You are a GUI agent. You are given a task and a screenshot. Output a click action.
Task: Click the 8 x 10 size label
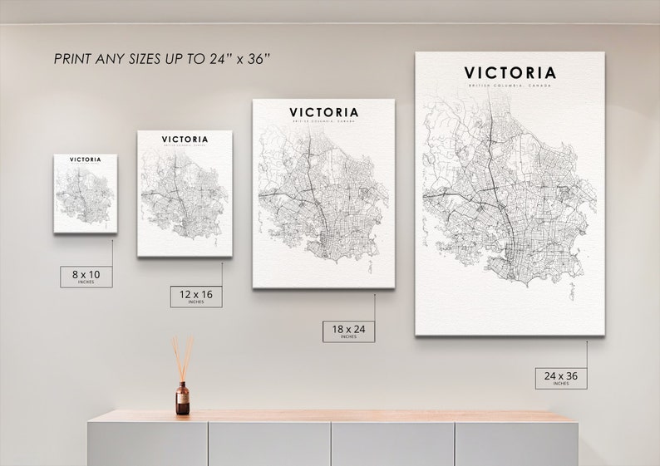click(x=86, y=274)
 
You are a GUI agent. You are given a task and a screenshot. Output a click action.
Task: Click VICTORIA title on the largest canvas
click(x=510, y=73)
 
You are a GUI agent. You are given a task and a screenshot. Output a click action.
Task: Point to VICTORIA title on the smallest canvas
click(x=86, y=159)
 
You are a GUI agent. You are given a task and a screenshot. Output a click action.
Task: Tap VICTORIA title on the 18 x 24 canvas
click(x=324, y=112)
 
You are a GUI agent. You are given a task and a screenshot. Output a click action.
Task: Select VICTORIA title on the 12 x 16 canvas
click(x=185, y=140)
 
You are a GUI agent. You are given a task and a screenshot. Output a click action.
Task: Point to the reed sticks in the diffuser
click(x=182, y=356)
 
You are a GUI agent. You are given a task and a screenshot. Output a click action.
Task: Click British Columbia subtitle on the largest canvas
click(x=510, y=87)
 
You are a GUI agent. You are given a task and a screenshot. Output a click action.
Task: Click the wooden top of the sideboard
click(x=332, y=415)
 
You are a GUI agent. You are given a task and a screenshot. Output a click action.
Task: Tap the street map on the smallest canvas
click(x=85, y=196)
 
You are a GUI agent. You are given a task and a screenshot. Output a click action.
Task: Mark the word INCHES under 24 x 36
click(x=561, y=384)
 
